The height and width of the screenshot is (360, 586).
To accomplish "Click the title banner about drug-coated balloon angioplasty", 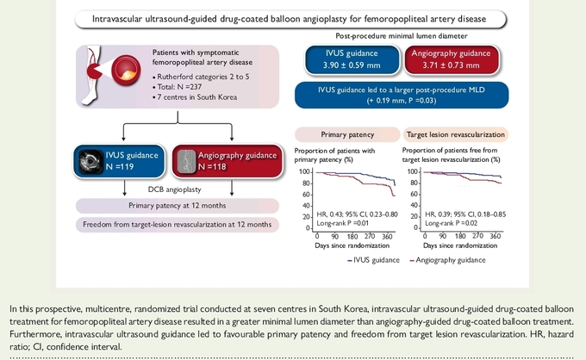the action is [x=290, y=19].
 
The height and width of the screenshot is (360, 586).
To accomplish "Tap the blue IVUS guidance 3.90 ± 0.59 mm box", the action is [x=352, y=59].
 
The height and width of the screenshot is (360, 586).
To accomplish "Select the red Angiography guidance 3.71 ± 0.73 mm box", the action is [x=451, y=59].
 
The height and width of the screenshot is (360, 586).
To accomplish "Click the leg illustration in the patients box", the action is [x=91, y=75].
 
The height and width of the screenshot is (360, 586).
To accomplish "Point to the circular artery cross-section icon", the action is [x=127, y=71].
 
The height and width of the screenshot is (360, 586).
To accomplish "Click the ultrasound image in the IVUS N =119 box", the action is [x=90, y=161].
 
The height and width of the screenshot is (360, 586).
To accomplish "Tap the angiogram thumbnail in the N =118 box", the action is [x=186, y=161].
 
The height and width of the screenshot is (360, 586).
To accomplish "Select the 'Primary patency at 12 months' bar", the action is [x=178, y=206].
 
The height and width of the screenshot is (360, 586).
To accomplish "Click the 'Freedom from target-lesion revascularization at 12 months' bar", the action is [x=178, y=225].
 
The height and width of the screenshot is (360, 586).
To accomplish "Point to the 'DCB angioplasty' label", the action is [x=175, y=189].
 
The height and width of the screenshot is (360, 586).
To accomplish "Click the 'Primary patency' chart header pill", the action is [x=347, y=135].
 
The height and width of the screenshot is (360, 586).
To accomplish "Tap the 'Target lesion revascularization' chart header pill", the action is [x=456, y=135].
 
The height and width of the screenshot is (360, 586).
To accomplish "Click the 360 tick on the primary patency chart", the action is [x=387, y=236].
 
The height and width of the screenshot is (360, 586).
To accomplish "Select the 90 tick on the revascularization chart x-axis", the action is [x=442, y=236].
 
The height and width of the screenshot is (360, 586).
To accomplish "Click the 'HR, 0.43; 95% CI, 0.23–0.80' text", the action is [x=357, y=214].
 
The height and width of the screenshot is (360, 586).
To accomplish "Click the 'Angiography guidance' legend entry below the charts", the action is [x=448, y=260].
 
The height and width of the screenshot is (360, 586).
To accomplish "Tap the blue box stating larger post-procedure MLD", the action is [x=402, y=96].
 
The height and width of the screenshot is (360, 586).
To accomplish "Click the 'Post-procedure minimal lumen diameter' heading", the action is [x=402, y=36].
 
